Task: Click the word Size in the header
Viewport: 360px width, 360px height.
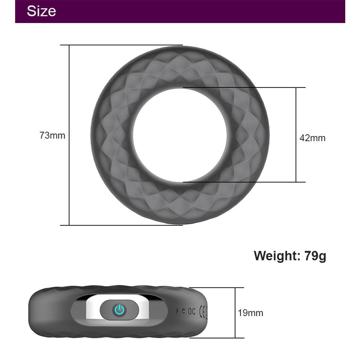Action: pos(41,11)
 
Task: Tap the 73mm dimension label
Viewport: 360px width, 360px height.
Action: pos(52,136)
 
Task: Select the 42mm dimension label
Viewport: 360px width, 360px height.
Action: pos(312,138)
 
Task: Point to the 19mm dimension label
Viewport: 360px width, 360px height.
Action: pos(250,313)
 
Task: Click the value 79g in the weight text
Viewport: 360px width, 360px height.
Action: pos(315,256)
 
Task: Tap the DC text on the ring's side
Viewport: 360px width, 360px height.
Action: pos(191,311)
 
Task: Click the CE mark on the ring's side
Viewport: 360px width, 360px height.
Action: pos(204,311)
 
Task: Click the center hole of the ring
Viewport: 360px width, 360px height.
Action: pos(180,135)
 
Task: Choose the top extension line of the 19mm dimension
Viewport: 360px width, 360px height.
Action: pos(216,288)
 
